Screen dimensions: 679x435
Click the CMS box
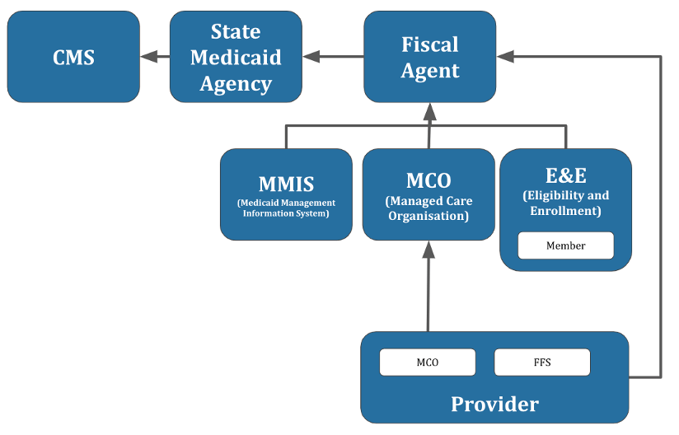coord(73,57)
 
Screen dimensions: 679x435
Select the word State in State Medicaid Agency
coord(236,31)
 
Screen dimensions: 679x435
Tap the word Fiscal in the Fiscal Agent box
coord(430,44)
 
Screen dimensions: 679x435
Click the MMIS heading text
coord(286,184)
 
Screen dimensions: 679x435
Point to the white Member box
coord(565,246)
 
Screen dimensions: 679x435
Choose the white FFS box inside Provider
coord(542,362)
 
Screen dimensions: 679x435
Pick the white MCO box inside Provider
coord(428,362)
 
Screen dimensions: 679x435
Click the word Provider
coord(495,404)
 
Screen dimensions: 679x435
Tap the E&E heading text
coord(566,175)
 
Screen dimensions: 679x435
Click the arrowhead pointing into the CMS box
coord(148,56)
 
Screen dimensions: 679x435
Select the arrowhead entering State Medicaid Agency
coord(311,56)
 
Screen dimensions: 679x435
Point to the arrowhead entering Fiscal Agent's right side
coord(505,56)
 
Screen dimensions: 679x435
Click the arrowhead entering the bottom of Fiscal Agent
coord(429,112)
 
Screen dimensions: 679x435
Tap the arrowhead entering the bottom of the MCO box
coord(428,250)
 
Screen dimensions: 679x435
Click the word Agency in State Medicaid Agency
coord(236,84)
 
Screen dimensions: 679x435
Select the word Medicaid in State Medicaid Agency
coord(236,58)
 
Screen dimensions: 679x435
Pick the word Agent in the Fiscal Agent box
coord(430,71)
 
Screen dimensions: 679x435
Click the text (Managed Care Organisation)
coord(428,208)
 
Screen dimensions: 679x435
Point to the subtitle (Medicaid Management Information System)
coord(286,208)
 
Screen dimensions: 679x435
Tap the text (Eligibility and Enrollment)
coord(566,203)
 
